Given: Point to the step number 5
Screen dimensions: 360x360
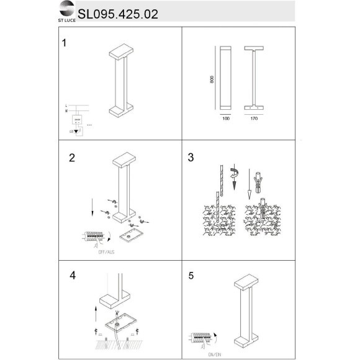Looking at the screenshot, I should click(191, 273).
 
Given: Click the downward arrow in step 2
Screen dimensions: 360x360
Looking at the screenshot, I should click(93, 207).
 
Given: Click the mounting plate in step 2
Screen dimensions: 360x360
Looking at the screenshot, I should click(131, 235).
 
